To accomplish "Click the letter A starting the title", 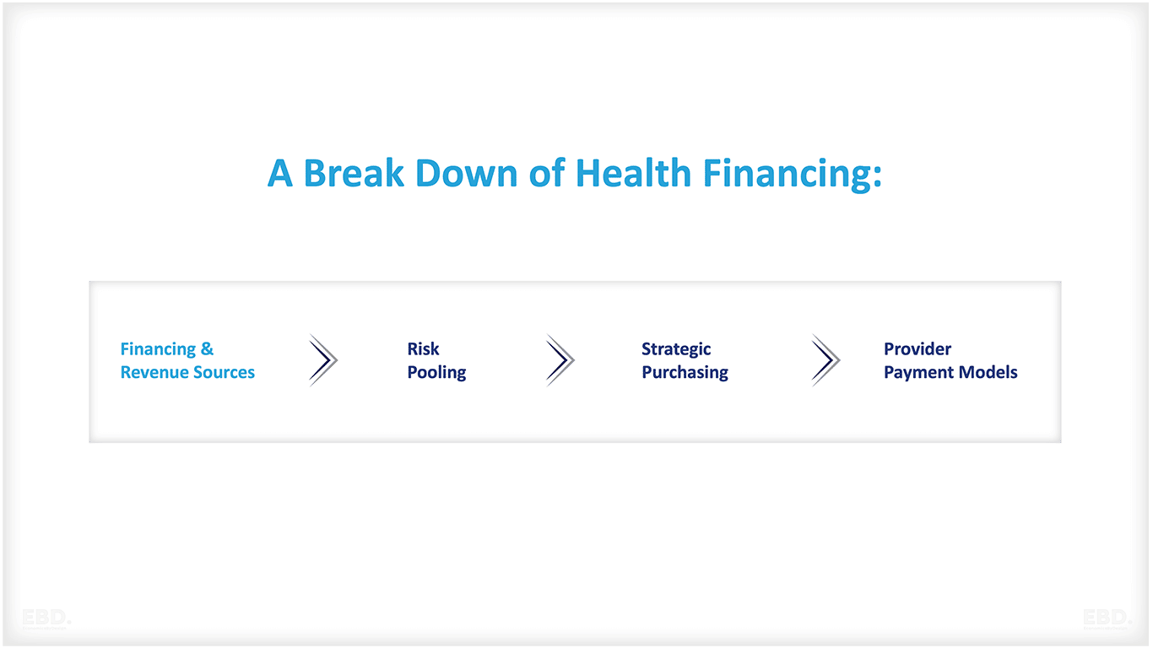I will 279,174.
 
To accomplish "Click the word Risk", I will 423,349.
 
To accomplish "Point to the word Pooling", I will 436,373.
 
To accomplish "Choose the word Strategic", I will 676,349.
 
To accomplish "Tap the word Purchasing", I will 685,373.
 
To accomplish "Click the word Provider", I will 918,349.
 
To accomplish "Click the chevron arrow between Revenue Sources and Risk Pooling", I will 323,360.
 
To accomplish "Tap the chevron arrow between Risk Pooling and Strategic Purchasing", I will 560,360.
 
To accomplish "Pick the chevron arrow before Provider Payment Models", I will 826,360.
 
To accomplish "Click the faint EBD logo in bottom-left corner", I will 46,618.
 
